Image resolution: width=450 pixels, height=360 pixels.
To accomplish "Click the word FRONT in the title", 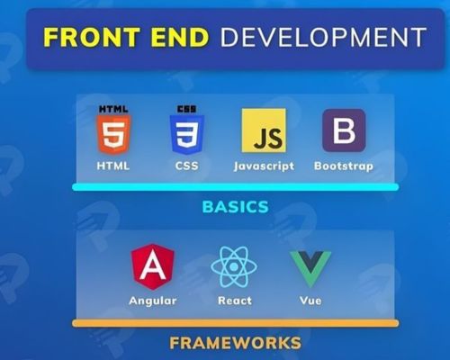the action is (92, 37).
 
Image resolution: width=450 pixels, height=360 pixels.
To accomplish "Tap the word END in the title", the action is (180, 37).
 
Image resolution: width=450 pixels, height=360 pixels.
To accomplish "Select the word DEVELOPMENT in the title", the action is (323, 37).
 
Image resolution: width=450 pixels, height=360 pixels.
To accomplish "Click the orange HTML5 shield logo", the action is (113, 134).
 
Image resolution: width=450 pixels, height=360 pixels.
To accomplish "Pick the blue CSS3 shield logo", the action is (187, 134).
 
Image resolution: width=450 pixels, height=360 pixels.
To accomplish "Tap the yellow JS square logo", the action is (264, 130).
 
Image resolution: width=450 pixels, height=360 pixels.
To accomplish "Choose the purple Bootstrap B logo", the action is (344, 130).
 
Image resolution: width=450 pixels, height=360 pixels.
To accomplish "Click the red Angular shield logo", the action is (153, 266).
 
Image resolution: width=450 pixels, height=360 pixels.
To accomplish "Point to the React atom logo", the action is (234, 266).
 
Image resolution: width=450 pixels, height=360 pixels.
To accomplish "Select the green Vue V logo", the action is (310, 268).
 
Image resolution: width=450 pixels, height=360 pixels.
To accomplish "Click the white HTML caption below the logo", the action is (113, 166).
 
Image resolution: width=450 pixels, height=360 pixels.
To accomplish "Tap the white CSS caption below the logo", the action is (187, 166).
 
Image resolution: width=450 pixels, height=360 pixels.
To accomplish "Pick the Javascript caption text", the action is (264, 166).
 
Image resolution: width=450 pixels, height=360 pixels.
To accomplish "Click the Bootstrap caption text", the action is (344, 166).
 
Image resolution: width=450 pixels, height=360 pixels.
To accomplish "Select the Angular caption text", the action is (153, 301).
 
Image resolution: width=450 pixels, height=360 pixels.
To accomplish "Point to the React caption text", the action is (235, 301).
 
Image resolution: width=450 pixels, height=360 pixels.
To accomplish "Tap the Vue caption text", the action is (310, 301).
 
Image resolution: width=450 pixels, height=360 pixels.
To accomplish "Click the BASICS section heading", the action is (236, 207).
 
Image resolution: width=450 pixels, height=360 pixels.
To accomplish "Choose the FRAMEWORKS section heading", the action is (236, 343).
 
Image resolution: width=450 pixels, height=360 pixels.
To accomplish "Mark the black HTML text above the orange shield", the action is (113, 109).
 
